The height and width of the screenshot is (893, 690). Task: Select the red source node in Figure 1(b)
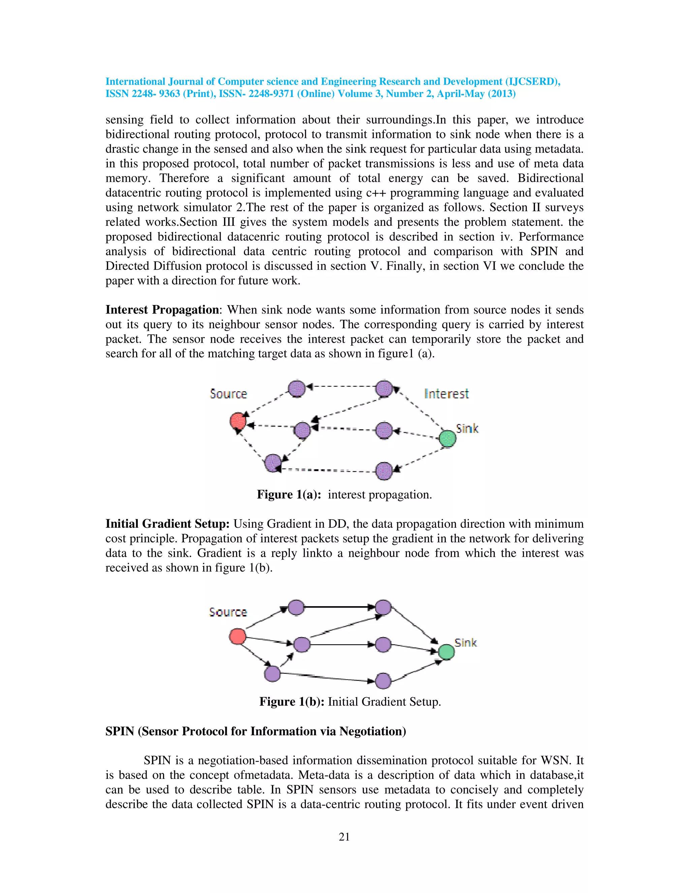(238, 636)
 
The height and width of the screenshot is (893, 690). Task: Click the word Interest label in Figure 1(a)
(446, 394)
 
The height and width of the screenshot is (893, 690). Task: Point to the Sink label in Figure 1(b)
(466, 642)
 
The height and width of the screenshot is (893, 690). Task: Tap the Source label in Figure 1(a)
(228, 394)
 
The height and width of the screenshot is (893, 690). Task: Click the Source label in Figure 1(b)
(228, 612)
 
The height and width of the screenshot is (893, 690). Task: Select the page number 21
(344, 837)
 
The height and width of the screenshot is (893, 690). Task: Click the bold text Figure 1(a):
(289, 495)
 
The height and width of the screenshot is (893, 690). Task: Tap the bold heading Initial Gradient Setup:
(167, 524)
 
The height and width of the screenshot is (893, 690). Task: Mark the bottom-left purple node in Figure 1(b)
(272, 673)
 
